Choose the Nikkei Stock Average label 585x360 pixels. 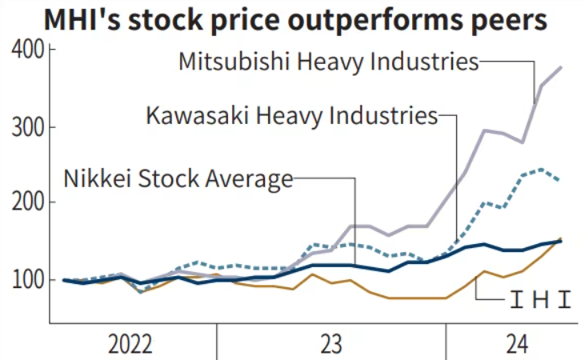178,178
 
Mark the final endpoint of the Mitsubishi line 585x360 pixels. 561,68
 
